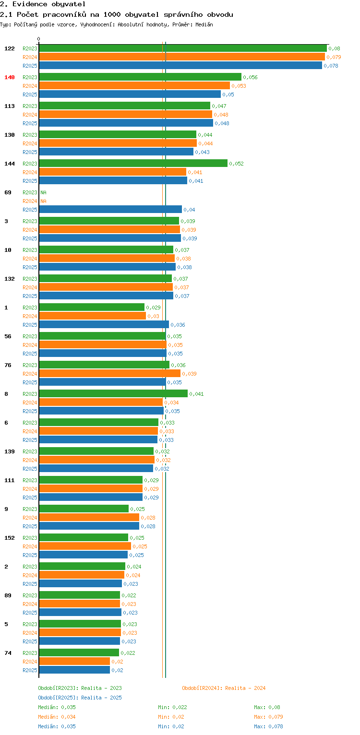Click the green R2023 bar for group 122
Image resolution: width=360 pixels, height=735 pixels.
[x=182, y=48]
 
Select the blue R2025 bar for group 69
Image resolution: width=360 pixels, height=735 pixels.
[x=110, y=209]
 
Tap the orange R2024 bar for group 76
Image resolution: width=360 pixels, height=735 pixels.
[x=109, y=373]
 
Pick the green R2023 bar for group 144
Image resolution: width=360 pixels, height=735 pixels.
[x=133, y=163]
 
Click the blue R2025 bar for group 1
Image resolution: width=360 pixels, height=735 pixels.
[x=104, y=324]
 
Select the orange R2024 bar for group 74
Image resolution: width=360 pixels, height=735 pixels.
[x=74, y=661]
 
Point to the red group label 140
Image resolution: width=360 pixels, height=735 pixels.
[x=10, y=77]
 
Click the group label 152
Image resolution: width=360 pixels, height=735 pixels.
[x=10, y=538]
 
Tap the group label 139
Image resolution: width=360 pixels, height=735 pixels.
[x=10, y=451]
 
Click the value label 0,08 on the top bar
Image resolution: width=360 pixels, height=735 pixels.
[x=334, y=48]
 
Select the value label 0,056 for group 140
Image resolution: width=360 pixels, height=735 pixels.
[x=250, y=77]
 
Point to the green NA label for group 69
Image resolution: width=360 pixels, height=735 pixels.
[x=43, y=192]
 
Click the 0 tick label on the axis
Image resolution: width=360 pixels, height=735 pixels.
[x=39, y=39]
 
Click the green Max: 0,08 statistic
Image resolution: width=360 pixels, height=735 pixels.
[x=267, y=707]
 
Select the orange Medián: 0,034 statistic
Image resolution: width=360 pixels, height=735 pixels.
[x=57, y=717]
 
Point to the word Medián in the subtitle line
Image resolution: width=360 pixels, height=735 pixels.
[x=204, y=24]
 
